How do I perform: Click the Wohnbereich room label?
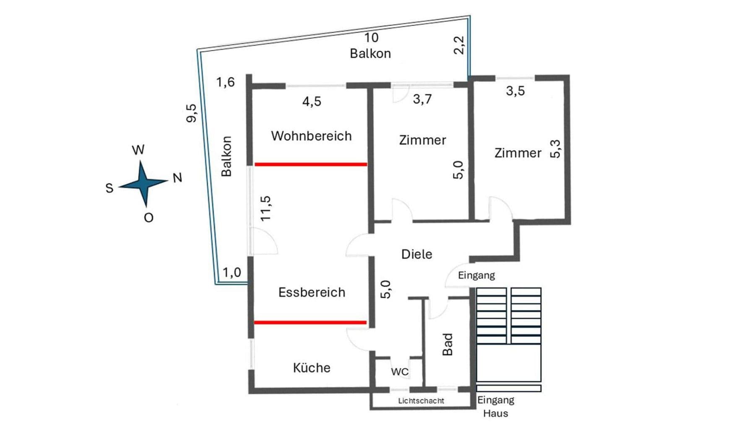click(x=311, y=136)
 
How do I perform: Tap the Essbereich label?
click(x=312, y=292)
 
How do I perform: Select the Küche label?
click(x=312, y=368)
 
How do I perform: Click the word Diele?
click(x=417, y=254)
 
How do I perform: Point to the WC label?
click(x=399, y=372)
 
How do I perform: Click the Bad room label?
click(x=448, y=344)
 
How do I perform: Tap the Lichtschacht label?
click(x=421, y=401)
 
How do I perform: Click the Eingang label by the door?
click(x=476, y=275)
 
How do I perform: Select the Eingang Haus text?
click(x=495, y=407)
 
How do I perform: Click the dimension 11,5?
click(x=266, y=209)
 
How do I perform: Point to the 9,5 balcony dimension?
click(x=191, y=113)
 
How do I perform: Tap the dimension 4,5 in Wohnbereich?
click(x=312, y=101)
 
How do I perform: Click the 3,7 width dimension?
click(x=422, y=99)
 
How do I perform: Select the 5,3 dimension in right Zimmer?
click(x=555, y=149)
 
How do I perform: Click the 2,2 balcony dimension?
click(x=459, y=45)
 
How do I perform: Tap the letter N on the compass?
click(x=177, y=178)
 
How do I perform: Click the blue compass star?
click(x=143, y=184)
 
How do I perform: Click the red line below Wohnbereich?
click(x=311, y=164)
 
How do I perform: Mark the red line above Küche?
click(x=310, y=323)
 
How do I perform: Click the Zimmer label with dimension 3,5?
click(x=518, y=153)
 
